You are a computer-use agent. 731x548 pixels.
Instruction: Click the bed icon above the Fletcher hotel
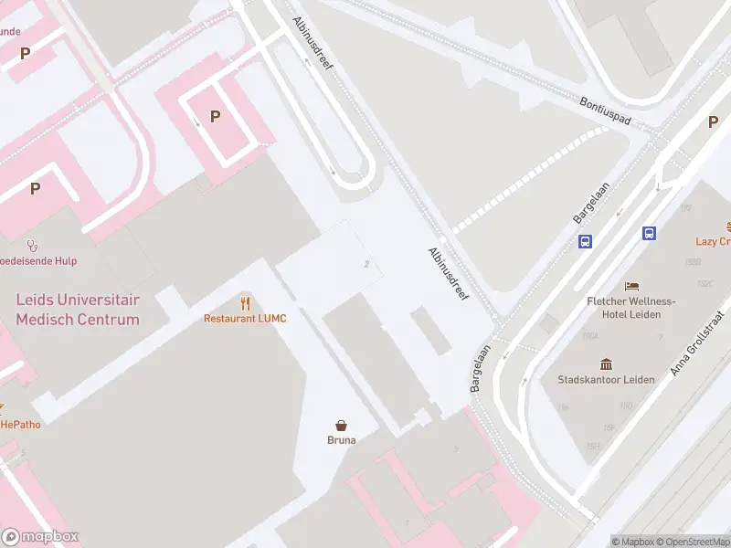pyautogui.click(x=631, y=287)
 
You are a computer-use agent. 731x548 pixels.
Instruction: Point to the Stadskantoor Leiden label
pyautogui.click(x=607, y=379)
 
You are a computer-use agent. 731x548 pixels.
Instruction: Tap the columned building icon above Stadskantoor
pyautogui.click(x=607, y=364)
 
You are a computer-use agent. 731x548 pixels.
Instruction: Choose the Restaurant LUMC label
pyautogui.click(x=244, y=319)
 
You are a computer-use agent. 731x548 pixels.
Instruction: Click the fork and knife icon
pyautogui.click(x=245, y=303)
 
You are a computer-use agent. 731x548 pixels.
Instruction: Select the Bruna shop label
pyautogui.click(x=342, y=439)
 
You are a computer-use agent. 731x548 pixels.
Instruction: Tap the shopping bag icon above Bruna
pyautogui.click(x=342, y=425)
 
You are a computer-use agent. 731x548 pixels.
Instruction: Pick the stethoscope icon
pyautogui.click(x=33, y=245)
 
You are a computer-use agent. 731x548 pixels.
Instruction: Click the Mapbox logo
pyautogui.click(x=39, y=537)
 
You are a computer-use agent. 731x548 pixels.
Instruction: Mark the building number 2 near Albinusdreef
pyautogui.click(x=366, y=264)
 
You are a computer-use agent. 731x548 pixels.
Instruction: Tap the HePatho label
pyautogui.click(x=20, y=424)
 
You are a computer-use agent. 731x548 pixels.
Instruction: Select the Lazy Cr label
pyautogui.click(x=713, y=242)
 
